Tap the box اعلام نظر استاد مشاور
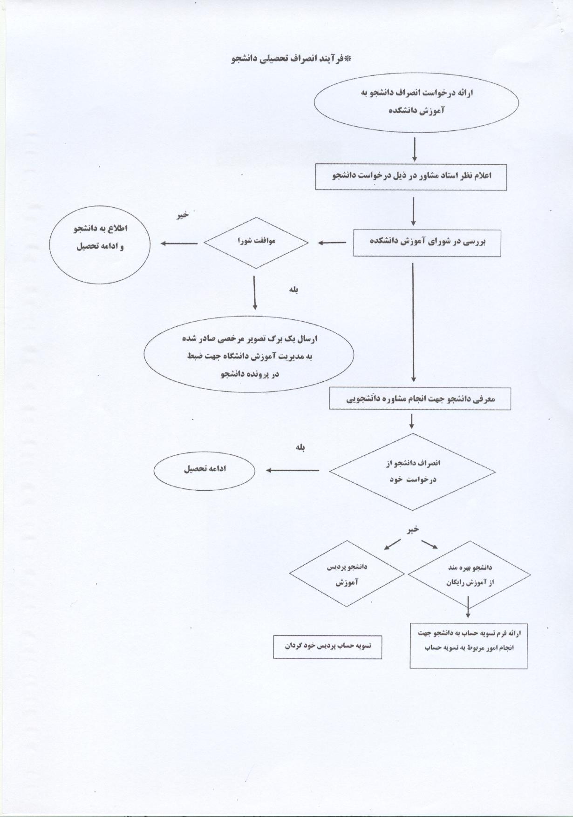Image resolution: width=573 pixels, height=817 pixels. pos(411,176)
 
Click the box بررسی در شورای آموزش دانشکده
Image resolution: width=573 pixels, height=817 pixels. pos(427,243)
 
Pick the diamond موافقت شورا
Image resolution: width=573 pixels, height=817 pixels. pos(256,243)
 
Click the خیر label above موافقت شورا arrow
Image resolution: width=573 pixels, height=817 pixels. pos(182,215)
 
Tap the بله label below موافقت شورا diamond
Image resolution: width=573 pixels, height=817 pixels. pos(293,290)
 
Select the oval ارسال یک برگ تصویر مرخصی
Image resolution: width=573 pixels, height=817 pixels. pos(249,356)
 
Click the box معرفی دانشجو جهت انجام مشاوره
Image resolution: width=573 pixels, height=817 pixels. pos(420,399)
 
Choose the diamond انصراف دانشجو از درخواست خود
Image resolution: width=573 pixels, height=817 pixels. pos(412,472)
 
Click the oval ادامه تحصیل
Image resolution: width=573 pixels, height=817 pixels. pos(205,471)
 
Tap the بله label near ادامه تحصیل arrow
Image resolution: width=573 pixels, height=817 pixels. pos(300,448)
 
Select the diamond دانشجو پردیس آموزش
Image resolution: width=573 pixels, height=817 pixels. pos(347,574)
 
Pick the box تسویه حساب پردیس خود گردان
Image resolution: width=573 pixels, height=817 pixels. pos(327,647)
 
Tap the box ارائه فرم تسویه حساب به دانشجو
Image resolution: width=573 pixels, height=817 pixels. pos(469,646)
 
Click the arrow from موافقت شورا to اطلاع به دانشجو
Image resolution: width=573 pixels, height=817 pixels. pos(179,243)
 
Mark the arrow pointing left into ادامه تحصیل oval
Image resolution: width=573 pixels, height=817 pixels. pos(293,470)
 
